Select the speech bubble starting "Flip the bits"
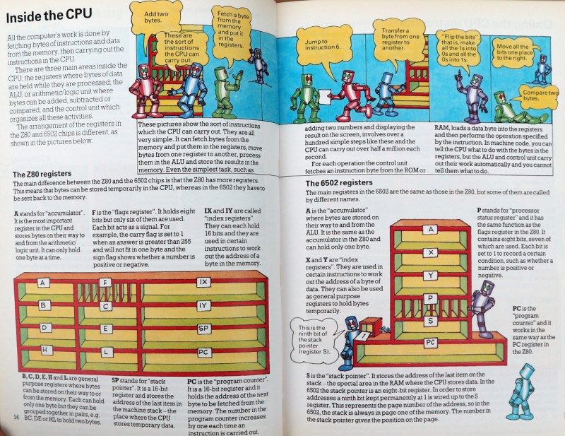pyautogui.click(x=459, y=42)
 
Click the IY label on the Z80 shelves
pyautogui.click(x=204, y=306)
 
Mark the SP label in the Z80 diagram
pyautogui.click(x=204, y=329)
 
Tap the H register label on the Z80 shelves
pyautogui.click(x=44, y=349)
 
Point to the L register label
pyautogui.click(x=105, y=351)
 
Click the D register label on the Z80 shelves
pyautogui.click(x=44, y=328)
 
